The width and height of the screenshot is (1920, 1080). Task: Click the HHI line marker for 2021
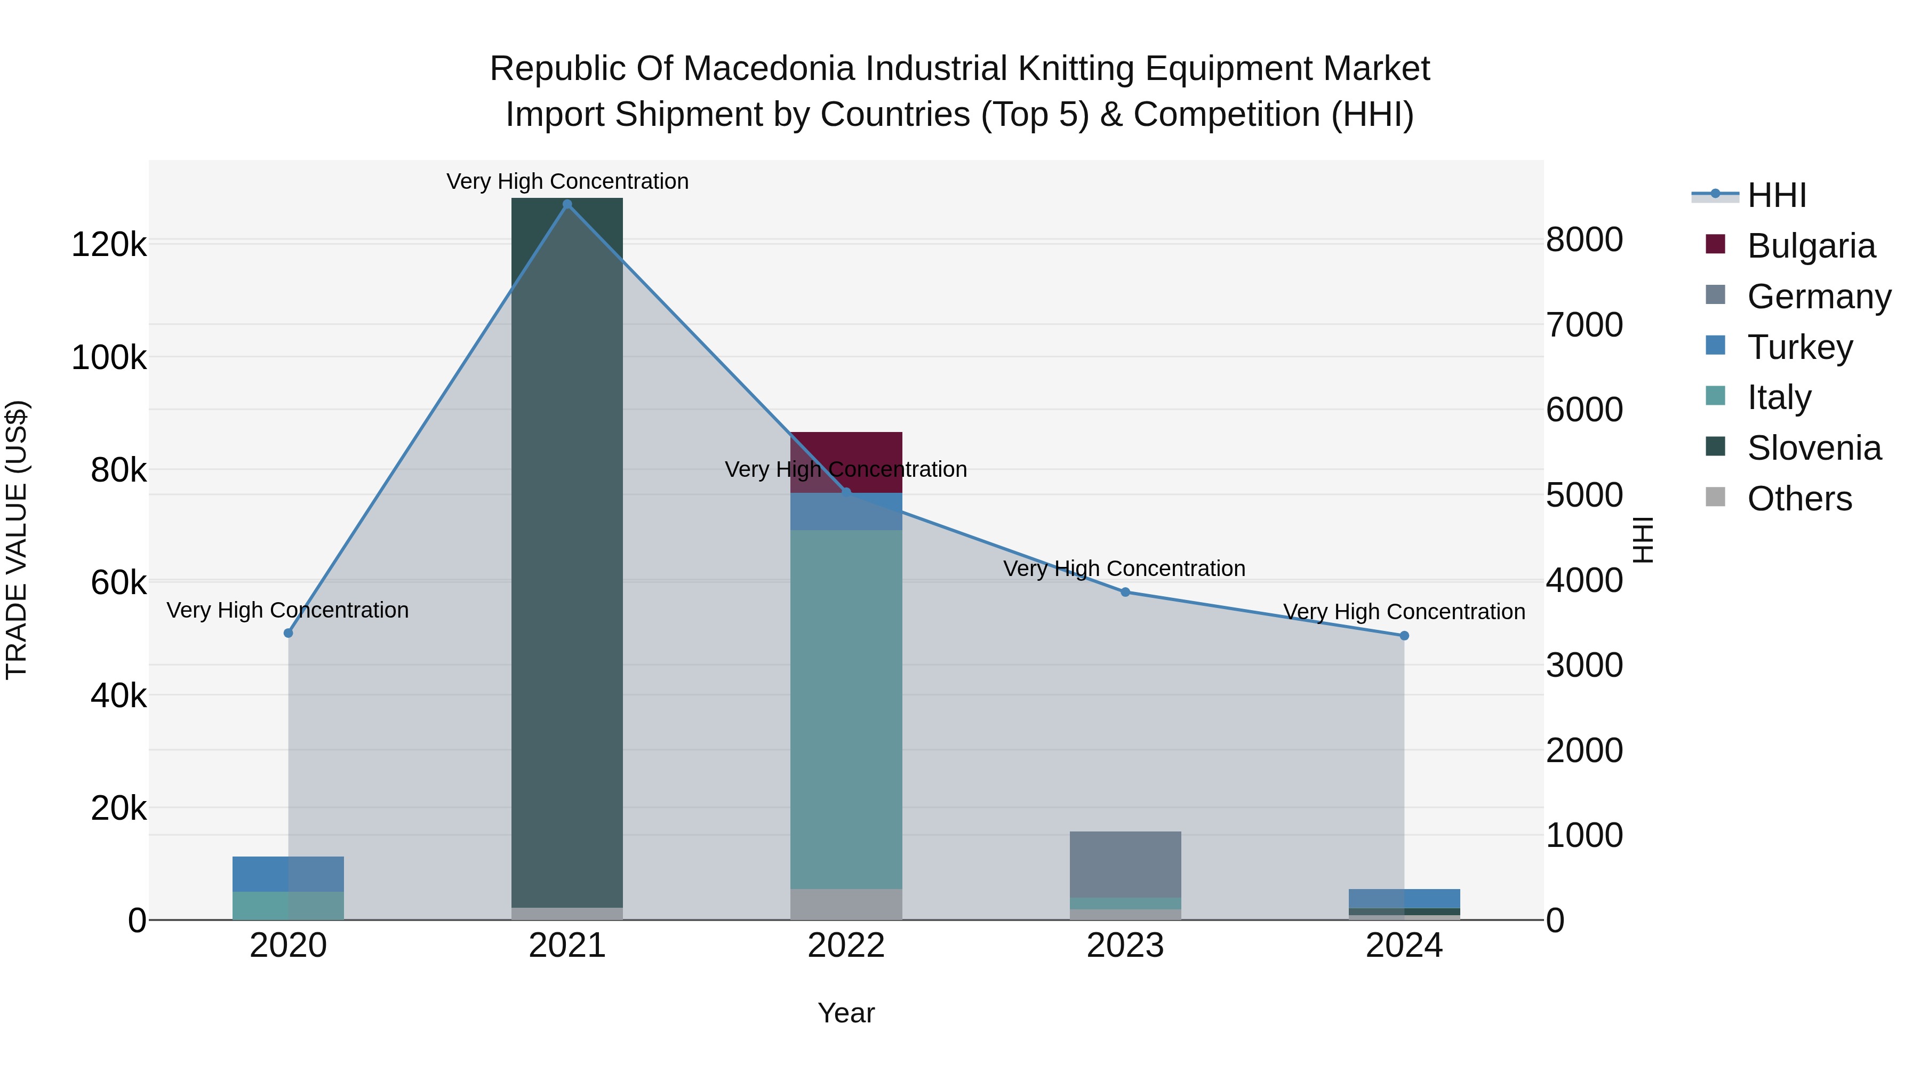[x=567, y=204]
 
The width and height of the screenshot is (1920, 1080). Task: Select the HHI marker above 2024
[x=1404, y=636]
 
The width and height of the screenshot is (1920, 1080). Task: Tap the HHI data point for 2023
[x=1125, y=592]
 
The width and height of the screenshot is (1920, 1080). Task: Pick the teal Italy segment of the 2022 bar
[x=846, y=708]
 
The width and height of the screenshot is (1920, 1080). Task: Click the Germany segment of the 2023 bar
[x=1125, y=865]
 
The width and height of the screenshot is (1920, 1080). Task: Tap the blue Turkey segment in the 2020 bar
[x=289, y=874]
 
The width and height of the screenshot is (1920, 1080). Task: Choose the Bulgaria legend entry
[x=1811, y=246]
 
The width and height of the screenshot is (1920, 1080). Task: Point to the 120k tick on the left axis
[x=109, y=244]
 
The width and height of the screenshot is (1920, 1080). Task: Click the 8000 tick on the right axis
[x=1584, y=240]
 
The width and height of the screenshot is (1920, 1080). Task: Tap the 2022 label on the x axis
[x=846, y=946]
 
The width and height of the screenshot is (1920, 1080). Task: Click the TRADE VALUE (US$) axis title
[x=17, y=540]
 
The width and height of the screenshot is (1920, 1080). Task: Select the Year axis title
[x=846, y=1013]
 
